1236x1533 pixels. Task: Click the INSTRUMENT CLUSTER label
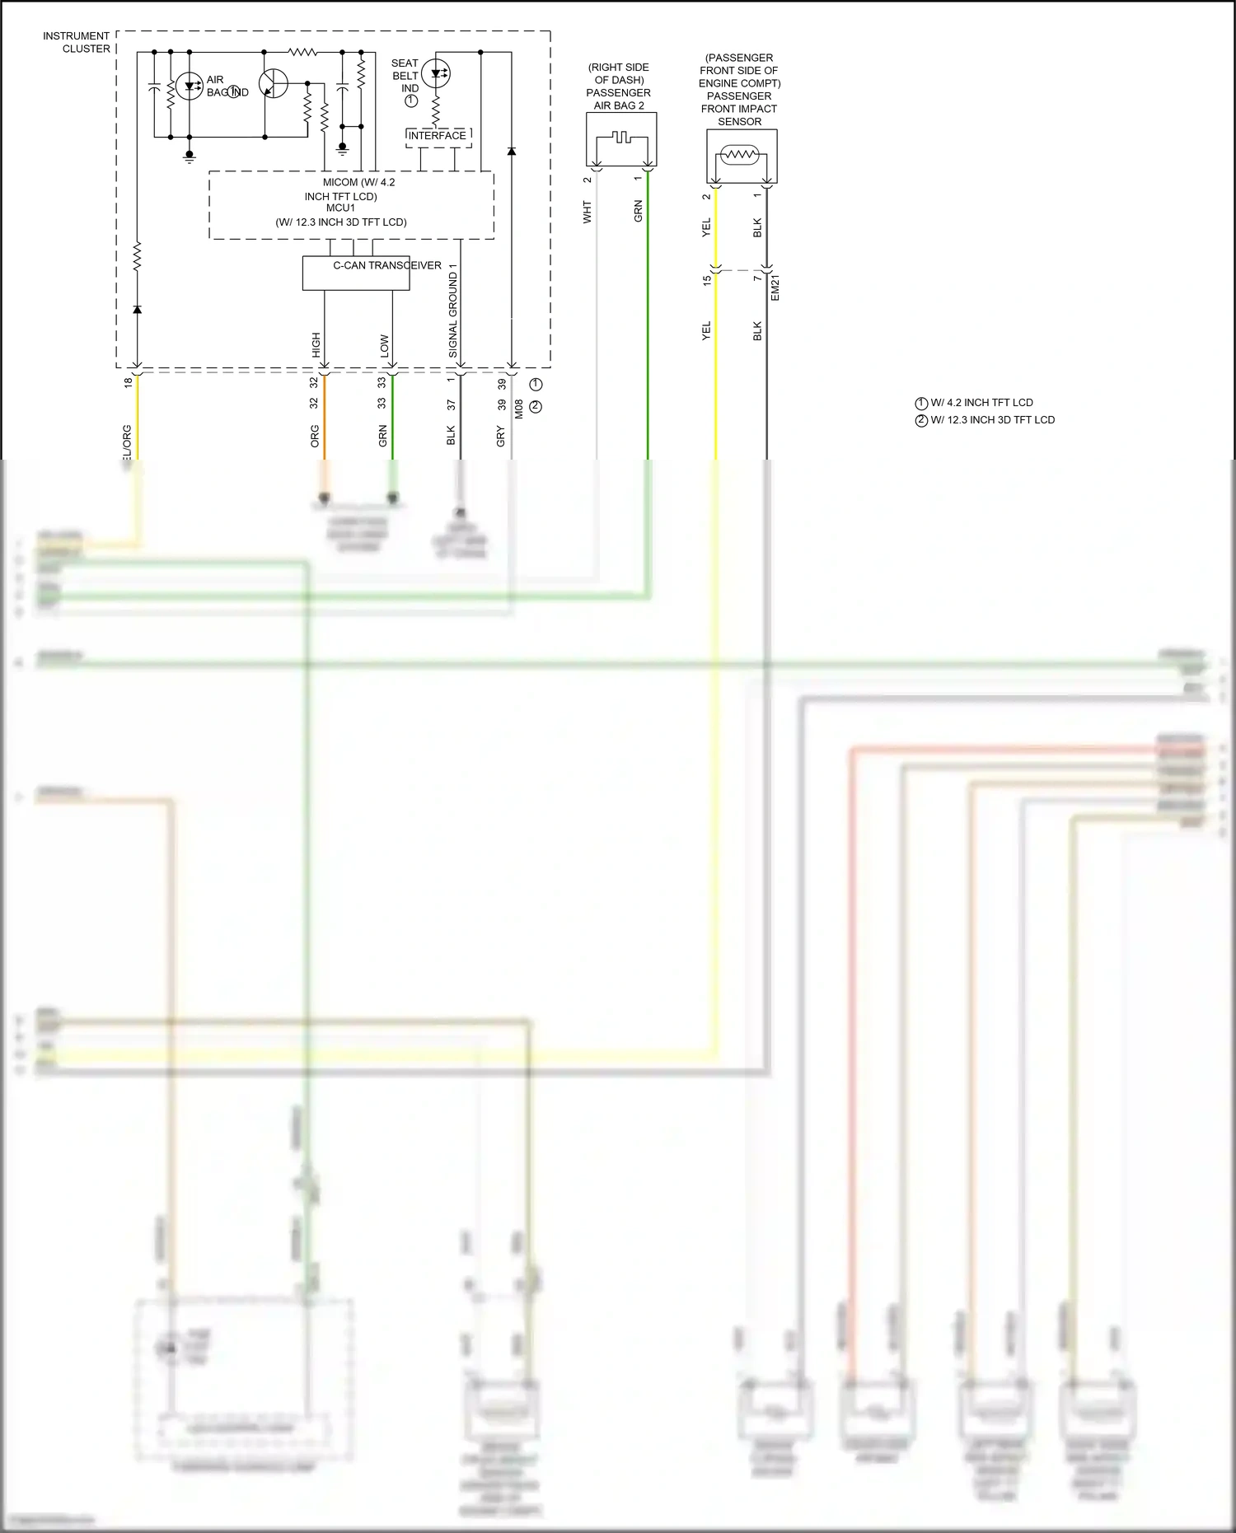[76, 42]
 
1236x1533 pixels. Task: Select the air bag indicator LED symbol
[190, 86]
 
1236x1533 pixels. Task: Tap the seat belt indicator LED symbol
[435, 73]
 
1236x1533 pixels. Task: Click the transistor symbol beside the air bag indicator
[273, 83]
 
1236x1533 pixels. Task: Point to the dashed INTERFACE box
[438, 137]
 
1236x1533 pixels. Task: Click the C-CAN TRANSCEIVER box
[356, 273]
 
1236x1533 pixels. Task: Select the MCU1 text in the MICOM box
[340, 208]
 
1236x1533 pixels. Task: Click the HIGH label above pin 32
[316, 344]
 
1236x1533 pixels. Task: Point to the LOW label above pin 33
[385, 344]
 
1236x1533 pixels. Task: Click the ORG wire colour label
[315, 436]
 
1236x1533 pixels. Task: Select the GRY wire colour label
[501, 436]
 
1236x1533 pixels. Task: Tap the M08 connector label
[519, 409]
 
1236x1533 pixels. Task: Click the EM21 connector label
[775, 287]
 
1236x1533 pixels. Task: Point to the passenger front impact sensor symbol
[740, 155]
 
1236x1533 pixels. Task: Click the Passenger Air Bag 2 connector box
[621, 139]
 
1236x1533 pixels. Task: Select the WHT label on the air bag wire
[588, 212]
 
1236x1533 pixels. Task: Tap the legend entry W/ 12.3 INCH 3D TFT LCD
[991, 420]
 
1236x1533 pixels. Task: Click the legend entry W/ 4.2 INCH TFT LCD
[981, 403]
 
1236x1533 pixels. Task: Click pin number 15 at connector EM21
[707, 280]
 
